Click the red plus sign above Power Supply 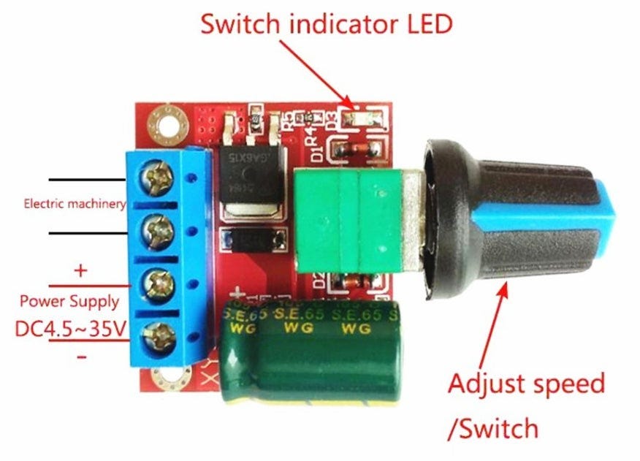pos(80,270)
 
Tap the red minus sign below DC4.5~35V pos(81,357)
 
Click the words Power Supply pos(71,300)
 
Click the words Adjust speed pos(526,383)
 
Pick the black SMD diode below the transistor pos(252,239)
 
